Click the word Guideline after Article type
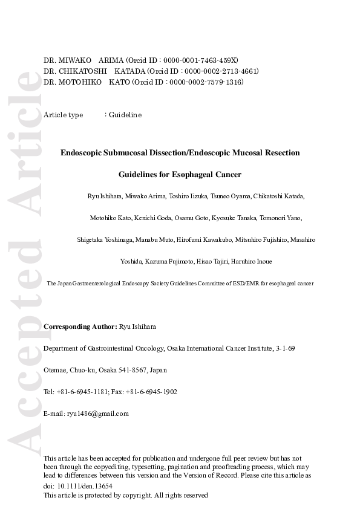[125, 115]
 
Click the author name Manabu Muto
[156, 240]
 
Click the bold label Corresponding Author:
[80, 327]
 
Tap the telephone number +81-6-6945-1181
[82, 392]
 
